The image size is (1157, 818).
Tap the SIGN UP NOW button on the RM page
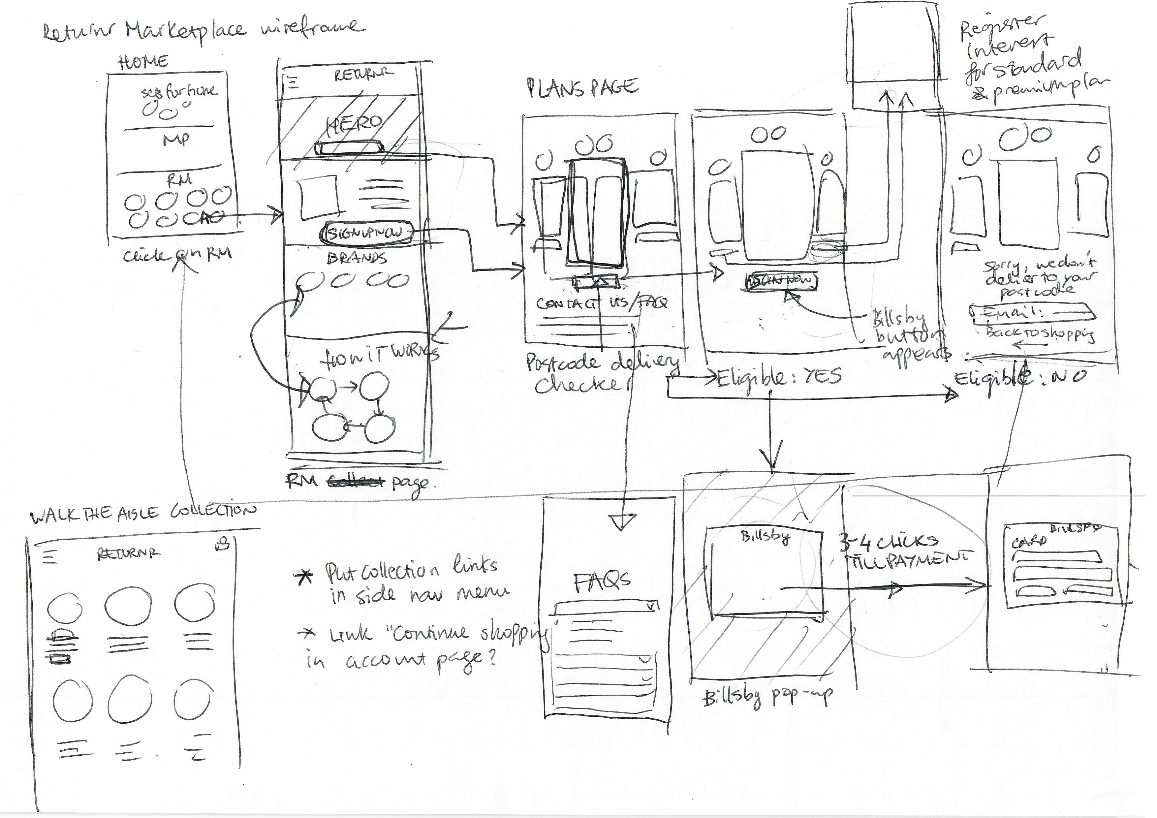(x=366, y=233)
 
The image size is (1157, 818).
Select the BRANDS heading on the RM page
(x=357, y=258)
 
